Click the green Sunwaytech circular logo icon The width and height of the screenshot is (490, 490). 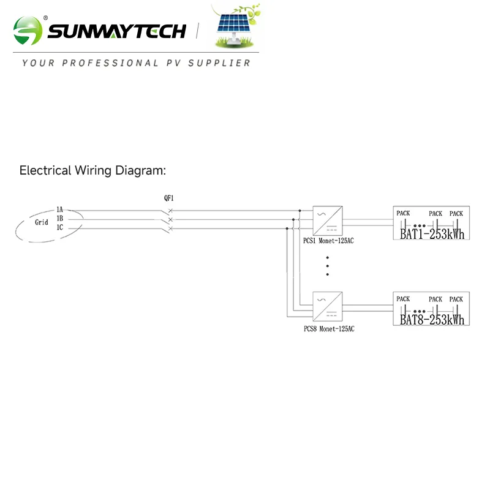[x=28, y=30]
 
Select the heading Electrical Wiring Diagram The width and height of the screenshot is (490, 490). [x=92, y=170]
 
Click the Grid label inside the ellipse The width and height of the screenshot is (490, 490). [x=41, y=222]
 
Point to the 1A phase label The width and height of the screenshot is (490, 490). [x=59, y=210]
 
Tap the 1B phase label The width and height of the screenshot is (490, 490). [x=59, y=219]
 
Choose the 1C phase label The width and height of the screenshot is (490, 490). [x=59, y=228]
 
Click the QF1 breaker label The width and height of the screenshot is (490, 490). [x=168, y=198]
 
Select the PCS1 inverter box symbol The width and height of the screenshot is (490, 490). [x=328, y=220]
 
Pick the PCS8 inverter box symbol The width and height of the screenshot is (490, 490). [x=328, y=306]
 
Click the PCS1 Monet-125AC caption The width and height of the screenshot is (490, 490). [x=329, y=241]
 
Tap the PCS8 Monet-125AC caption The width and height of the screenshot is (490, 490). [x=329, y=329]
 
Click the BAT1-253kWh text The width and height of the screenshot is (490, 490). [x=432, y=234]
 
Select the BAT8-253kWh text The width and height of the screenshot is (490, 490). [x=432, y=320]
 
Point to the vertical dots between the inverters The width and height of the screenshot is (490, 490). [x=328, y=265]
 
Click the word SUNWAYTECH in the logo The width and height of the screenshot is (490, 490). [x=116, y=31]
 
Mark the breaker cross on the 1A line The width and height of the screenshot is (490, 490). [x=170, y=211]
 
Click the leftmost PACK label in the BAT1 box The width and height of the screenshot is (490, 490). [x=403, y=213]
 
